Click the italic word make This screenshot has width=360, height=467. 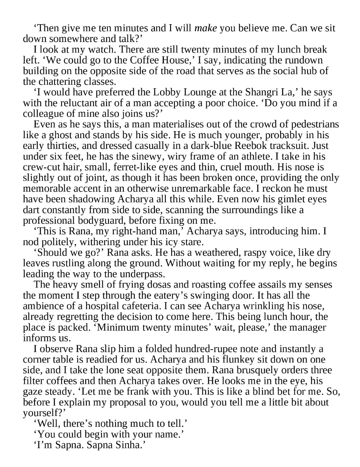205,28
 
